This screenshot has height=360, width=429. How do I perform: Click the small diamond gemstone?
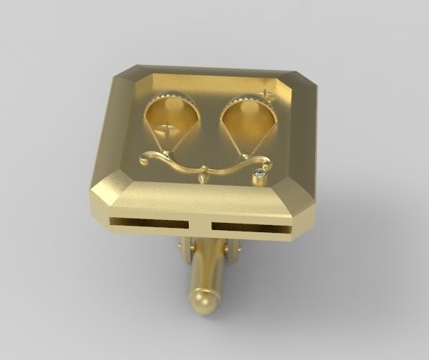pyautogui.click(x=261, y=173)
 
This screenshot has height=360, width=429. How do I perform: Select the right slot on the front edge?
pyautogui.click(x=251, y=228)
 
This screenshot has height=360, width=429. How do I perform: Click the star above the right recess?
pyautogui.click(x=267, y=94)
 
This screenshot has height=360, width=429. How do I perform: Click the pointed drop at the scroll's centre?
pyautogui.click(x=206, y=174)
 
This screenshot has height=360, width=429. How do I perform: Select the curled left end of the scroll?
pyautogui.click(x=147, y=156)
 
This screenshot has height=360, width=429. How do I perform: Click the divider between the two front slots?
pyautogui.click(x=200, y=226)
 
